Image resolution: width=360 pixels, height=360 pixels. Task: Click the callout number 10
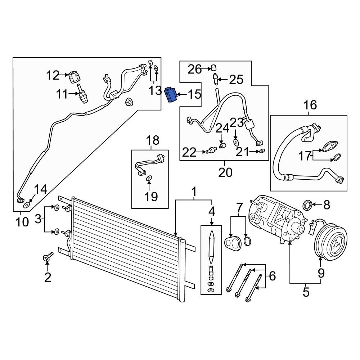pos(22,221)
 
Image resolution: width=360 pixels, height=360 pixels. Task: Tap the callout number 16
pos(310,105)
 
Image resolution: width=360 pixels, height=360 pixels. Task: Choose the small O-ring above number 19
pos(149,178)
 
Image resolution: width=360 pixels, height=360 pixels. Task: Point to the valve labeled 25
pos(216,78)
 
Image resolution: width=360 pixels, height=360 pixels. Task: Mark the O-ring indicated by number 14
pos(26,206)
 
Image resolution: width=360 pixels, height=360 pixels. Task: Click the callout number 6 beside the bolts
pos(272,276)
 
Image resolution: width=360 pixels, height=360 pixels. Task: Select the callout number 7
pos(239,208)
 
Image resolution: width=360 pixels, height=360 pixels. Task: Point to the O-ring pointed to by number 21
pos(262,151)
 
